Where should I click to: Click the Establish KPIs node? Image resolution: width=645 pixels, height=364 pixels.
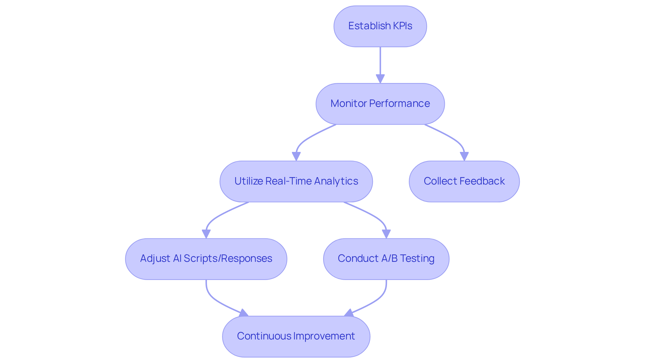point(380,26)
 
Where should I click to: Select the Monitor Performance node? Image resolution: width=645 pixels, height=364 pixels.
point(380,104)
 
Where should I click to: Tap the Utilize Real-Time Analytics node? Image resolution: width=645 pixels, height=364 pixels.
point(296,181)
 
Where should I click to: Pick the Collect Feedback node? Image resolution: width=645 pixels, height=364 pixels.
point(464,181)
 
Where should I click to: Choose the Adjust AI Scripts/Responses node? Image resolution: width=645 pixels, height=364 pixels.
point(206,259)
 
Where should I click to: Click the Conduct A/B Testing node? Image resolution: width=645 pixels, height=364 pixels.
point(386,259)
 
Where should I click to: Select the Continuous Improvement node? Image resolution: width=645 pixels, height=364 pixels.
point(296,336)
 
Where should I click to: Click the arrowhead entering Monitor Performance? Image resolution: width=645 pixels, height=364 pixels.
point(380,79)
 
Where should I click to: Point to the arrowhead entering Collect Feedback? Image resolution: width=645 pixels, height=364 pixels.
point(464,157)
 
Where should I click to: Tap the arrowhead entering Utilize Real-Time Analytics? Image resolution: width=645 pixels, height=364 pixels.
point(296,157)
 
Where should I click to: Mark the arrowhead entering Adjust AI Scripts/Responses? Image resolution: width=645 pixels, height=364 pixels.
point(206,234)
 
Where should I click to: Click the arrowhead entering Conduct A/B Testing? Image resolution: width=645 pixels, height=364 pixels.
point(386,234)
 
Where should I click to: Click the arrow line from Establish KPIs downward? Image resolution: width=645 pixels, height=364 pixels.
point(380,60)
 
